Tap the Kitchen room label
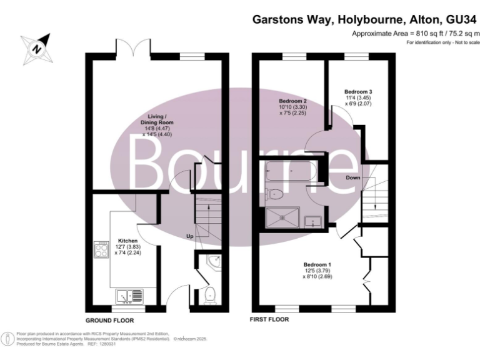pos(127,239)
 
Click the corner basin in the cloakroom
pos(213,261)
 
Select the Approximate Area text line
pos(416,33)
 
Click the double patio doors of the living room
pos(132,50)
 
